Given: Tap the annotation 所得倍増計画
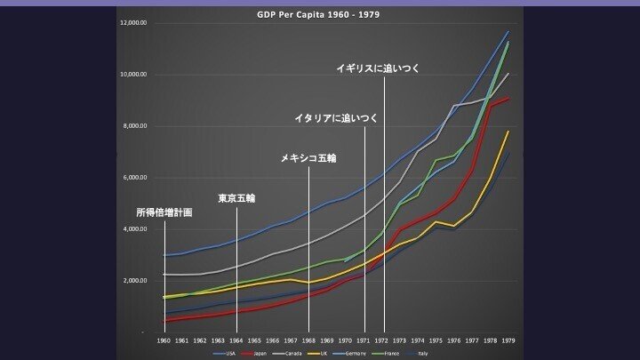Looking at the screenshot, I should point(164,213).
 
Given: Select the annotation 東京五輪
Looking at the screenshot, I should point(236,197).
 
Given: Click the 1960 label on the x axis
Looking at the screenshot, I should point(164,340).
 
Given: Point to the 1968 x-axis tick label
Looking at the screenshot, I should point(308,340).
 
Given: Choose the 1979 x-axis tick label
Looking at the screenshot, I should point(508,340).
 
